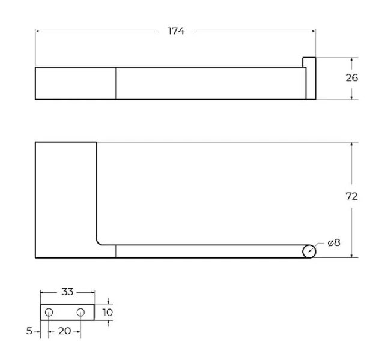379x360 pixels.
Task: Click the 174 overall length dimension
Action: pyautogui.click(x=175, y=31)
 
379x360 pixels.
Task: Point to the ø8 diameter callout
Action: pyautogui.click(x=334, y=243)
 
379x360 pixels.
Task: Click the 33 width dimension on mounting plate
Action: pyautogui.click(x=67, y=292)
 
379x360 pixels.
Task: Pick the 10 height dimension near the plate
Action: pyautogui.click(x=108, y=312)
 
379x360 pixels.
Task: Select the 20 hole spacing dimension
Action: pyautogui.click(x=65, y=331)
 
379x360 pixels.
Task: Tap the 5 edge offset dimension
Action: pyautogui.click(x=28, y=331)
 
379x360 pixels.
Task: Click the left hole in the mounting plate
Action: pyautogui.click(x=49, y=312)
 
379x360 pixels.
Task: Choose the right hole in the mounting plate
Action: pyautogui.click(x=80, y=312)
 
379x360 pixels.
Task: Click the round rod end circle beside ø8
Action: pyautogui.click(x=309, y=251)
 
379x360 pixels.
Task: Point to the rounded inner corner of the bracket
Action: pyautogui.click(x=100, y=241)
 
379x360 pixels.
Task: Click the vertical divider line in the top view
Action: pyautogui.click(x=115, y=83)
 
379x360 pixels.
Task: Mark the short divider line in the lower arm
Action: pyautogui.click(x=115, y=251)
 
